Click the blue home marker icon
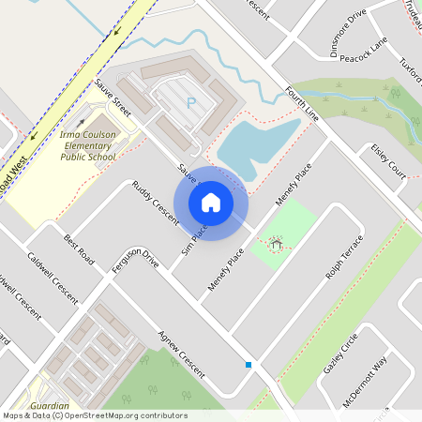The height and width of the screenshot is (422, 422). [211, 203]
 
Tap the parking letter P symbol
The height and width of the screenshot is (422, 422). [192, 103]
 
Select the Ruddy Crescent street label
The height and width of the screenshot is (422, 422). [155, 202]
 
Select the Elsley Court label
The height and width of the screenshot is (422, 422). [388, 160]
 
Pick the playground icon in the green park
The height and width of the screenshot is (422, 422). [276, 244]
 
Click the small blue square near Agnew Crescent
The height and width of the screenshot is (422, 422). [249, 364]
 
